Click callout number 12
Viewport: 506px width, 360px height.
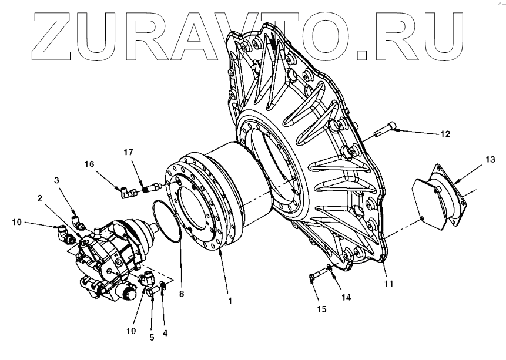pos(444,133)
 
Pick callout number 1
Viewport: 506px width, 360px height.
pos(230,301)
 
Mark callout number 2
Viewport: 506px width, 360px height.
pos(39,198)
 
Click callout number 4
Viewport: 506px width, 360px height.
pos(165,332)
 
